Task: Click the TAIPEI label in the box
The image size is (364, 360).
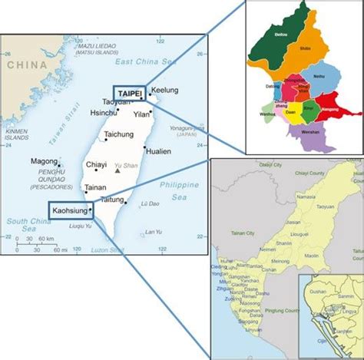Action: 128,93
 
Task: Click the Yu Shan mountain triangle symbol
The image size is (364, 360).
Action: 116,170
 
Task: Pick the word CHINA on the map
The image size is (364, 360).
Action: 26,67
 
